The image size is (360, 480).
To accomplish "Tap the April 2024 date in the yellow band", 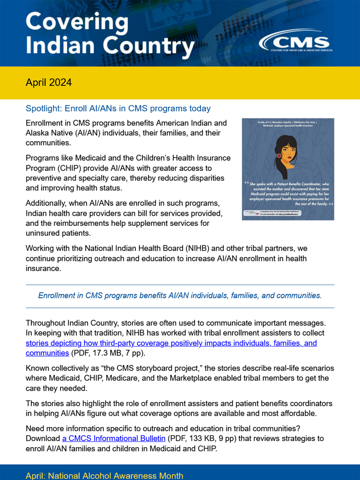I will pyautogui.click(x=49, y=82).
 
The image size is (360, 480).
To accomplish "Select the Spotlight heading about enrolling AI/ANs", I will pyautogui.click(x=118, y=108).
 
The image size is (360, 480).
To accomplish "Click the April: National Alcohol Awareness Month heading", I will pyautogui.click(x=104, y=475).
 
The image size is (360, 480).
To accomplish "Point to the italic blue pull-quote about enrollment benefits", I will pyautogui.click(x=180, y=296).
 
